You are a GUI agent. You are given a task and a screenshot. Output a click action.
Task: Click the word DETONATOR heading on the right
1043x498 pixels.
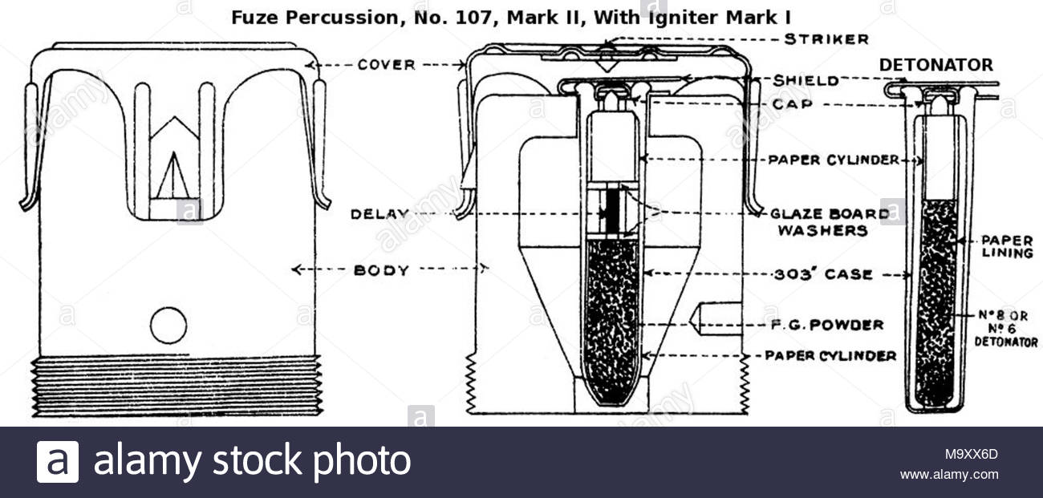pyautogui.click(x=935, y=65)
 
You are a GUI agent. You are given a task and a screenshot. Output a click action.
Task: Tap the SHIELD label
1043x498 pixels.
pyautogui.click(x=806, y=80)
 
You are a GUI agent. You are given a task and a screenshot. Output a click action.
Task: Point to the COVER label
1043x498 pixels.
pyautogui.click(x=386, y=65)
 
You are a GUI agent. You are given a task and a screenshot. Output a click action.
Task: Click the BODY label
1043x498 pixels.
pyautogui.click(x=381, y=270)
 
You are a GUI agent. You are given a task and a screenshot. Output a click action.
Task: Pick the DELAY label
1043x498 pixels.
pyautogui.click(x=379, y=214)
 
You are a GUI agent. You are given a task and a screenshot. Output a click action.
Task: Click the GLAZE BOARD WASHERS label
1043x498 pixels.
pyautogui.click(x=829, y=222)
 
